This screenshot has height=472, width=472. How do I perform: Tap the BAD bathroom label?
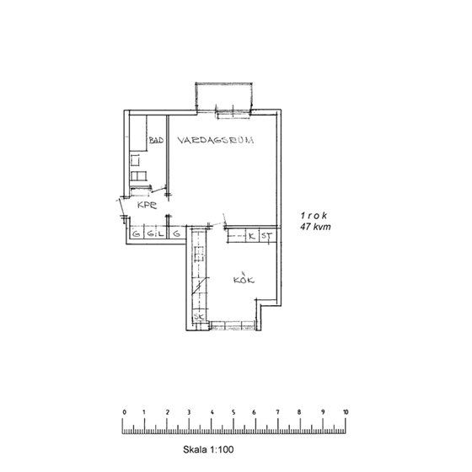[155, 142]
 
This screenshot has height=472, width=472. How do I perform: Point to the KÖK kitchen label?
[244, 280]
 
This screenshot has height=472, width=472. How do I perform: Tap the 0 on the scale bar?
[124, 413]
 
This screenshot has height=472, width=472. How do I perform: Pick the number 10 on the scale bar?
[346, 413]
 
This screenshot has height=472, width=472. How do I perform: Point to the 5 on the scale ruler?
[234, 413]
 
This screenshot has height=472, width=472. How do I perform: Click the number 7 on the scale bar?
[279, 413]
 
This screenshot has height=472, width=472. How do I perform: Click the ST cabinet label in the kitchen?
[264, 235]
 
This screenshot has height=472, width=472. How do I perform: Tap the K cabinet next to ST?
[250, 235]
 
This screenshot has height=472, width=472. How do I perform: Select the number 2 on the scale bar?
[168, 413]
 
